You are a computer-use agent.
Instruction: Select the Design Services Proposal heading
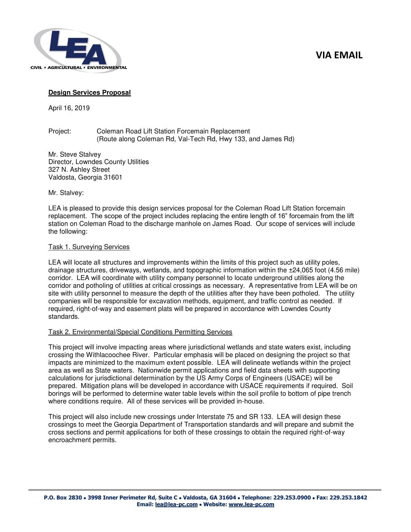pyautogui.click(x=89, y=93)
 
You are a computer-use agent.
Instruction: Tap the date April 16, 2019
pyautogui.click(x=69, y=108)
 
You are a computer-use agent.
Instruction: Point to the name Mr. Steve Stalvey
pyautogui.click(x=74, y=154)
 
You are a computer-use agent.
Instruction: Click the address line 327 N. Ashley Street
pyautogui.click(x=79, y=170)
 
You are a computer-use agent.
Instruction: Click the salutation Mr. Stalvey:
pyautogui.click(x=66, y=193)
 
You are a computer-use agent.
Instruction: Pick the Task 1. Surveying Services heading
pyautogui.click(x=89, y=247)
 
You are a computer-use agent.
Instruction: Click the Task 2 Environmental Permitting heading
pyautogui.click(x=140, y=332)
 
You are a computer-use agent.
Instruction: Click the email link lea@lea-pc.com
pyautogui.click(x=176, y=505)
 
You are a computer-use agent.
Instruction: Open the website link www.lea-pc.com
pyautogui.click(x=251, y=505)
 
